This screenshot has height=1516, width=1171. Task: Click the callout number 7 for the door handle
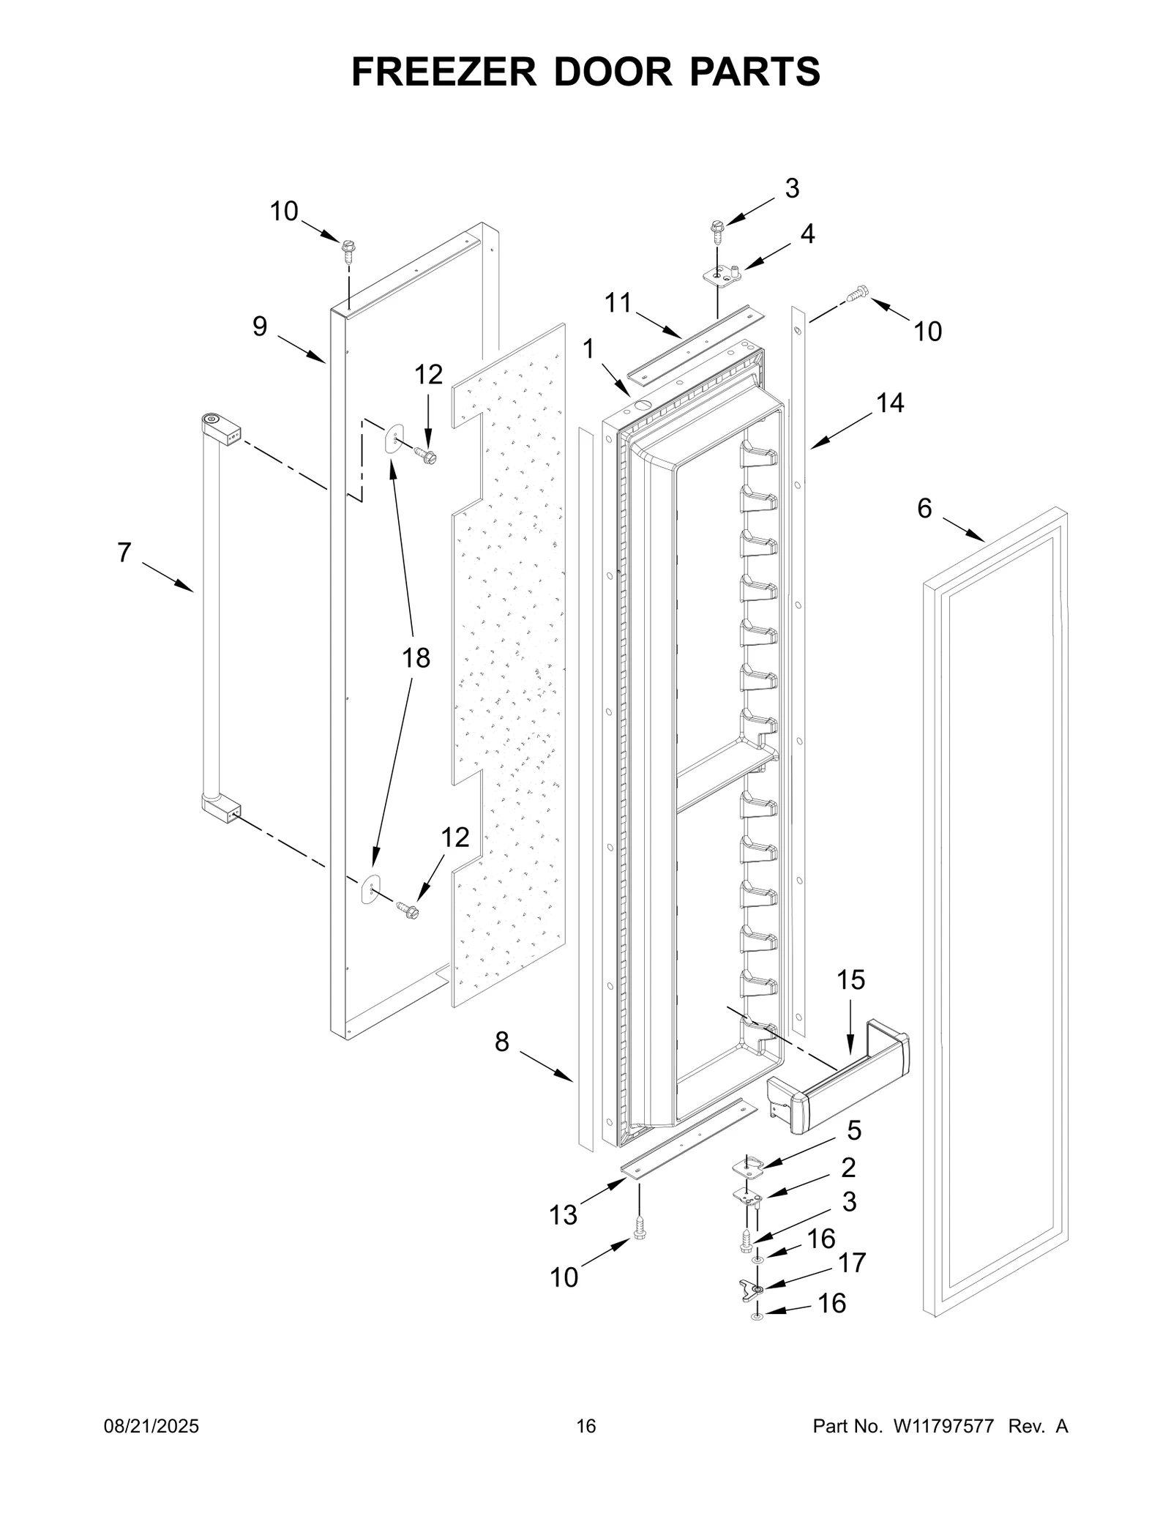[124, 553]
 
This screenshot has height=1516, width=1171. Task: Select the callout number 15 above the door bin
[850, 979]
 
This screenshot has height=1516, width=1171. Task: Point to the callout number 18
[416, 658]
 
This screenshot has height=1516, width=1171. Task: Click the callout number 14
[890, 403]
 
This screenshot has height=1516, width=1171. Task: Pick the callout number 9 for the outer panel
[260, 326]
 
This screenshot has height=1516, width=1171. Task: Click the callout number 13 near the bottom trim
[564, 1215]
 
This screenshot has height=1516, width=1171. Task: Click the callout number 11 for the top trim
[618, 303]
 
